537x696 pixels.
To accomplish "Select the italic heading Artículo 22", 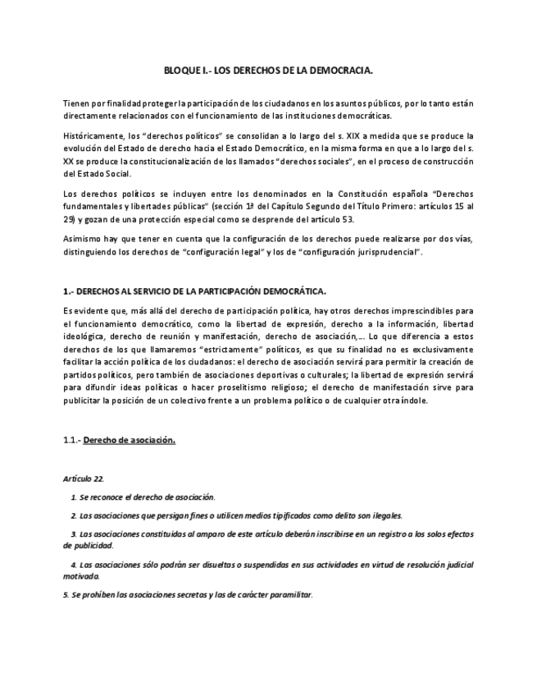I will click(83, 477).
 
